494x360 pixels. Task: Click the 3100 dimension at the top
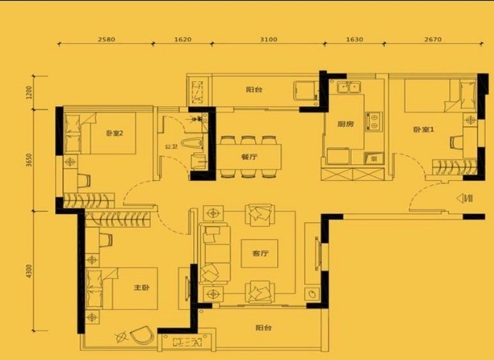pyautogui.click(x=269, y=39)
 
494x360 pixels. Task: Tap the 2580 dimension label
pyautogui.click(x=107, y=39)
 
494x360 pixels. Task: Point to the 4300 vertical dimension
pyautogui.click(x=30, y=271)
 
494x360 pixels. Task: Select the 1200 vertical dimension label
pyautogui.click(x=30, y=92)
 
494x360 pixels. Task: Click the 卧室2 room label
pyautogui.click(x=115, y=133)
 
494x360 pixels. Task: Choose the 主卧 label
pyautogui.click(x=141, y=287)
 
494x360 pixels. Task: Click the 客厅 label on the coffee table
pyautogui.click(x=260, y=253)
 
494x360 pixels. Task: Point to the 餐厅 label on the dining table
pyautogui.click(x=249, y=157)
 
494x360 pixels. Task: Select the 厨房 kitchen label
pyautogui.click(x=345, y=124)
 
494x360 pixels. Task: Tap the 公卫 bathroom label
pyautogui.click(x=170, y=147)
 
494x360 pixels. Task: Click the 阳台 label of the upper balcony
pyautogui.click(x=254, y=89)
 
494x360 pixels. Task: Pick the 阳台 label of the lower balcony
pyautogui.click(x=263, y=328)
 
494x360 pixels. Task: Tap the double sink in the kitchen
pyautogui.click(x=349, y=87)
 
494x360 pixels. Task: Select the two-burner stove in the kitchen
pyautogui.click(x=374, y=122)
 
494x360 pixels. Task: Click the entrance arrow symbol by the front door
pyautogui.click(x=464, y=198)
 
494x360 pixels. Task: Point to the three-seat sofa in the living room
pyautogui.click(x=215, y=254)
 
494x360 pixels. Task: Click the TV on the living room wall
pyautogui.click(x=318, y=253)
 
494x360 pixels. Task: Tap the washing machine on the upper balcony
pyautogui.click(x=305, y=91)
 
